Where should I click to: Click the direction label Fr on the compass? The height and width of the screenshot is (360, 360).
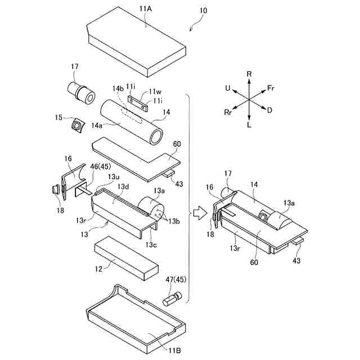(x=271, y=88)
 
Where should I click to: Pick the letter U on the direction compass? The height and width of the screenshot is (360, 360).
(x=227, y=88)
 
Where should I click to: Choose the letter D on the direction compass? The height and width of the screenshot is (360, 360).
(x=269, y=110)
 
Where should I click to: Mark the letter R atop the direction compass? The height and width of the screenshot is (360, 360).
(x=249, y=74)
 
